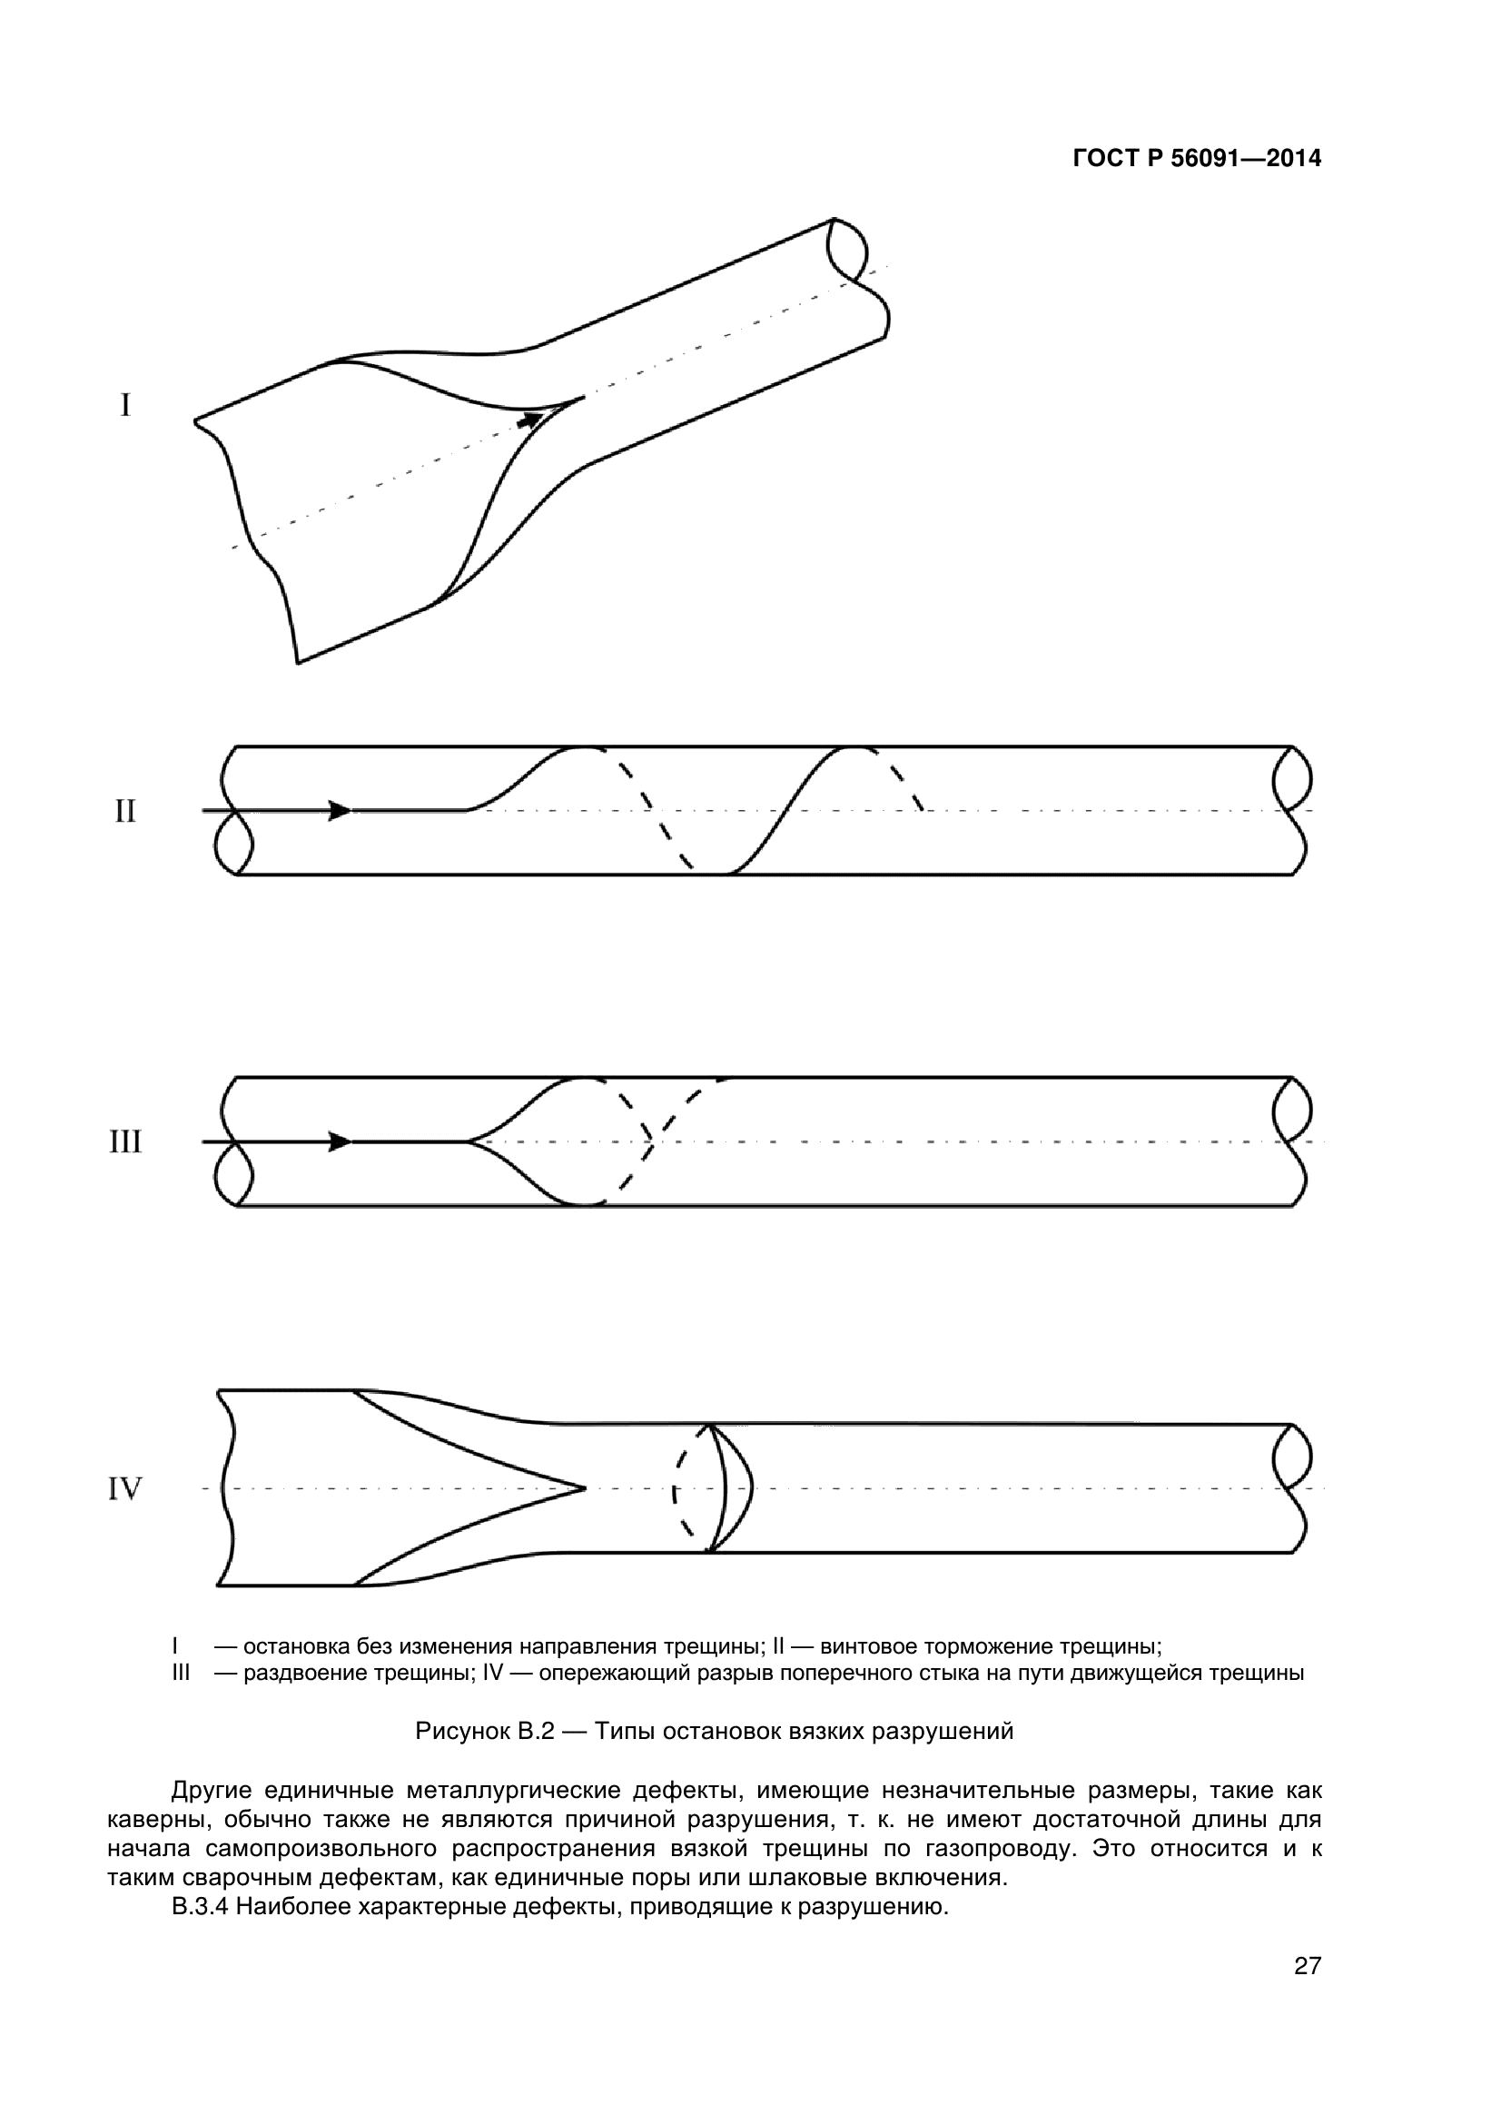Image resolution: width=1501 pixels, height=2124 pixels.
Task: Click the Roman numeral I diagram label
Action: click(x=124, y=405)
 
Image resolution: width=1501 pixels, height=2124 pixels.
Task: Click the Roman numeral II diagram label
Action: click(x=124, y=811)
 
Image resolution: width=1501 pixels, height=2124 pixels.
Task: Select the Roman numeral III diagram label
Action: click(x=124, y=1142)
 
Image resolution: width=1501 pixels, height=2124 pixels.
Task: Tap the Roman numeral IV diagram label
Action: click(x=124, y=1489)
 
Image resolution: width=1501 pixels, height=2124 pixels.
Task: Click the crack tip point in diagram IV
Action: click(x=585, y=1488)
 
